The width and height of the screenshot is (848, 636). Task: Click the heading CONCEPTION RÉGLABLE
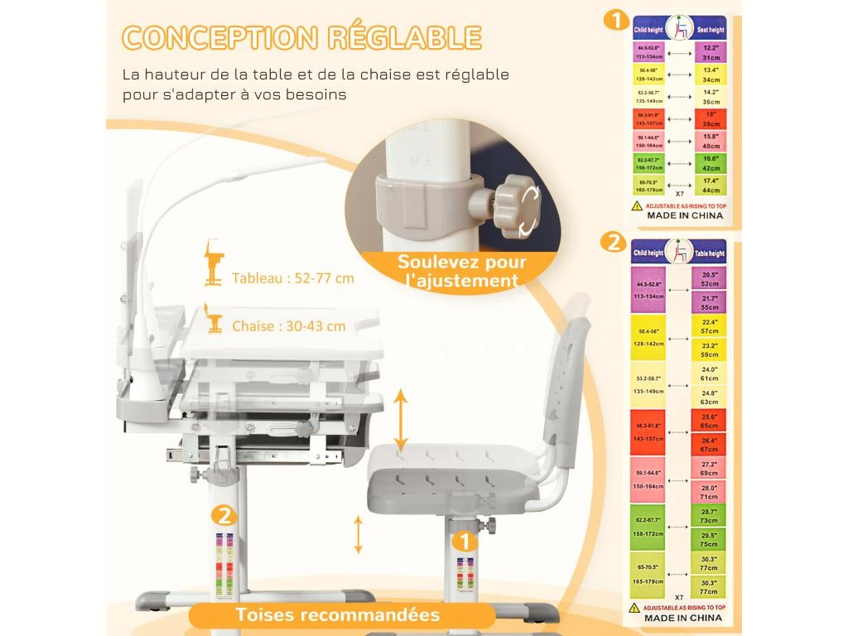[x=301, y=37]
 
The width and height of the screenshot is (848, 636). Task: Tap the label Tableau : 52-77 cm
[x=293, y=278]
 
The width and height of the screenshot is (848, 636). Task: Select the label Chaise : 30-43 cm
[x=288, y=326]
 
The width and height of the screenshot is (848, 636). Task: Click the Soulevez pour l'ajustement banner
[x=461, y=271]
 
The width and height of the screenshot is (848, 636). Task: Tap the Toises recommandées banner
[x=337, y=615]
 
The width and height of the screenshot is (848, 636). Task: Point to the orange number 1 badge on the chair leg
[x=465, y=542]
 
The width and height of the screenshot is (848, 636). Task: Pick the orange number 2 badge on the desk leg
[x=222, y=517]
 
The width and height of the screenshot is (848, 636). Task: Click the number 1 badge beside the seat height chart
[x=614, y=19]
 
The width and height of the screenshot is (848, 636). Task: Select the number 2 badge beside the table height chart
[x=613, y=242]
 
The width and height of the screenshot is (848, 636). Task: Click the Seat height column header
[x=709, y=29]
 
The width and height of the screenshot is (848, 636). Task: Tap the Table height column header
[x=709, y=253]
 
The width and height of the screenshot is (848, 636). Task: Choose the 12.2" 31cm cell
[x=711, y=52]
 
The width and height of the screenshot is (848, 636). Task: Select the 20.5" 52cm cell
[x=709, y=278]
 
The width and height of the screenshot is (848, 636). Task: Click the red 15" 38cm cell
[x=711, y=118]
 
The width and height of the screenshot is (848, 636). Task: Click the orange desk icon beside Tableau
[x=214, y=263]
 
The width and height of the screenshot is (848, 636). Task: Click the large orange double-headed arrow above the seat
[x=400, y=421]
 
